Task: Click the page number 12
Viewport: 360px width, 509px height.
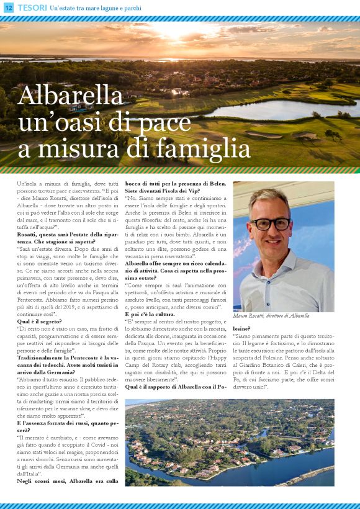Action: [7, 7]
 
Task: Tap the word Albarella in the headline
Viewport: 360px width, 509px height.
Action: [71, 96]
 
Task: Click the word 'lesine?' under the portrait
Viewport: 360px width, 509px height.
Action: [242, 328]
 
